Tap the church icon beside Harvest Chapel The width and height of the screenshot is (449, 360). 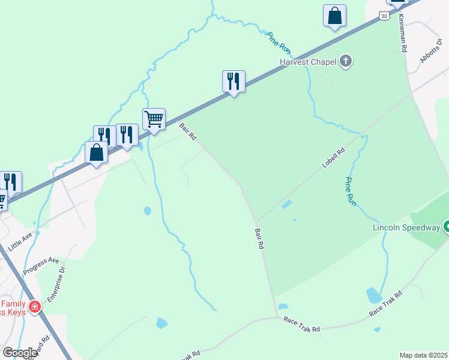coord(346,61)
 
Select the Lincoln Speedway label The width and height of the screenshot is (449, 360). coord(407,227)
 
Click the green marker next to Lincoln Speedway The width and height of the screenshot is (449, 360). coord(446,227)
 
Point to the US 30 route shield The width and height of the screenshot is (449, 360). coord(384,16)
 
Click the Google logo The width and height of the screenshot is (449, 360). coord(19,353)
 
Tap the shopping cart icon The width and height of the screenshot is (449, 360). coord(154,119)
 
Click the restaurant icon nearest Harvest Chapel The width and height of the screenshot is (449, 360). coord(234,81)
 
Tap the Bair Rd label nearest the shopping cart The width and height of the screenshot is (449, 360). coord(188,132)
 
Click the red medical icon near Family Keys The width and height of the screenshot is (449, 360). coord(35,307)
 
